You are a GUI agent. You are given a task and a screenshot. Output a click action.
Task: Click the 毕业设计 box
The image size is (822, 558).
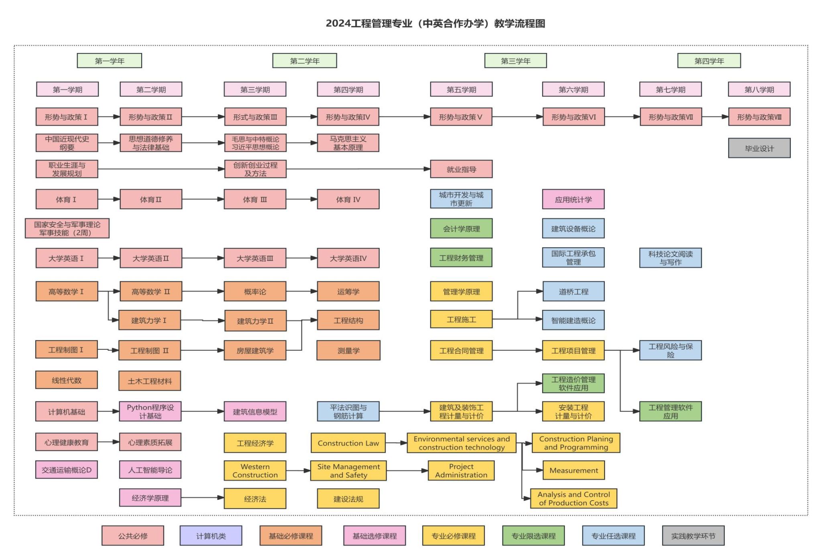(759, 148)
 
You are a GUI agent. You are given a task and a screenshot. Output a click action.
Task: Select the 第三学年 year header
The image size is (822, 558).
(515, 61)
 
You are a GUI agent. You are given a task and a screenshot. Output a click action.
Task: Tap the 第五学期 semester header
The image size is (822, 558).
(461, 90)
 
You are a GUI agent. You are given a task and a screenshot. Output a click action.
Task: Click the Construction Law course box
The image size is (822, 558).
(348, 443)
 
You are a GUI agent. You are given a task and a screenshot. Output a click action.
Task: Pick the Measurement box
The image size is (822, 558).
(574, 470)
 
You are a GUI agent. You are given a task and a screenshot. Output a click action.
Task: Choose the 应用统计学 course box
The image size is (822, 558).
(573, 200)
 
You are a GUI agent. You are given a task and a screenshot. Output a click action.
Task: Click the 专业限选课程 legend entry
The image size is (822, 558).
(533, 536)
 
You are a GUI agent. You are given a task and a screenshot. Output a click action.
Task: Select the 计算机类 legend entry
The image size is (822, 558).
(211, 536)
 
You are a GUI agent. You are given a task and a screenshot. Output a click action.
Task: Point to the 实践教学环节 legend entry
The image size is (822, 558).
(693, 536)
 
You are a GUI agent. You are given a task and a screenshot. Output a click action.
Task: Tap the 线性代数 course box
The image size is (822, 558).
(67, 380)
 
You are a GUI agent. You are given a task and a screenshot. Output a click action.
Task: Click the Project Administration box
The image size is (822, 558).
(461, 470)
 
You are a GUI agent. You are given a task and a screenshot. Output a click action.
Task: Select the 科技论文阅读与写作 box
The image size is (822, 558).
(670, 258)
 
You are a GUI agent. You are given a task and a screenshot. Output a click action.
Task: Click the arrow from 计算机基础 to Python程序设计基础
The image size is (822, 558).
(108, 411)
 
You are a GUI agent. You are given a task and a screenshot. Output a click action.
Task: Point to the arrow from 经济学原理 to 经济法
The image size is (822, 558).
(202, 498)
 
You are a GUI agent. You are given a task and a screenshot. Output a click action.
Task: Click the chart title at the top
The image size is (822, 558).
(435, 24)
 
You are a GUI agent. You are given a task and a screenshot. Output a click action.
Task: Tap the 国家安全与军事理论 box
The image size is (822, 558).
(67, 228)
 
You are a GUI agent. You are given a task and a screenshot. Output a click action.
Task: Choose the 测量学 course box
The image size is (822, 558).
(348, 350)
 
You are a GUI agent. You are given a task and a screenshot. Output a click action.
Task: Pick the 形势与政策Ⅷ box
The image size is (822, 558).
(759, 117)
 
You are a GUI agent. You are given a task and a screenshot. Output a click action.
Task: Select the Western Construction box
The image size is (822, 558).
(255, 470)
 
